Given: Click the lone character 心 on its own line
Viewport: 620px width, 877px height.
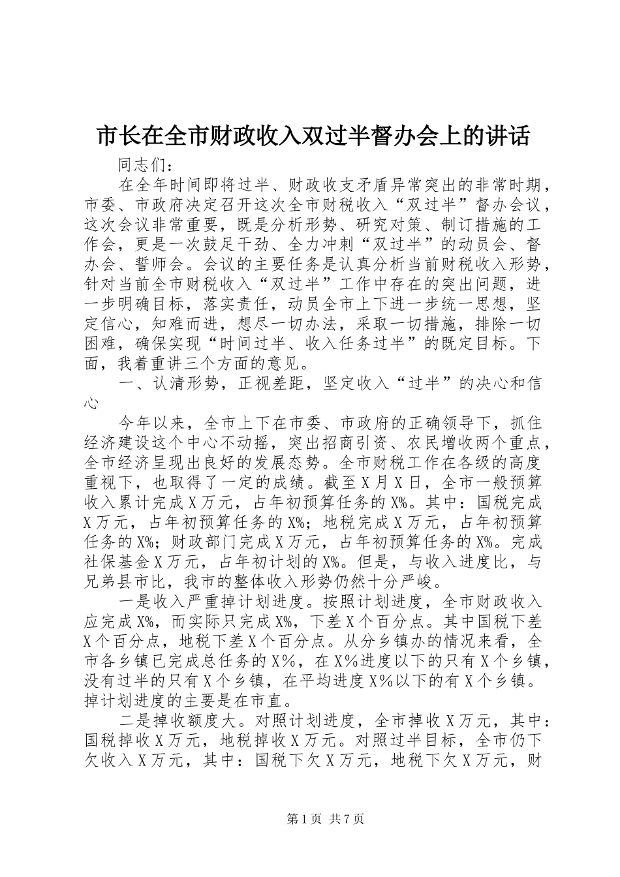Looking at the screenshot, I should tap(92, 403).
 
